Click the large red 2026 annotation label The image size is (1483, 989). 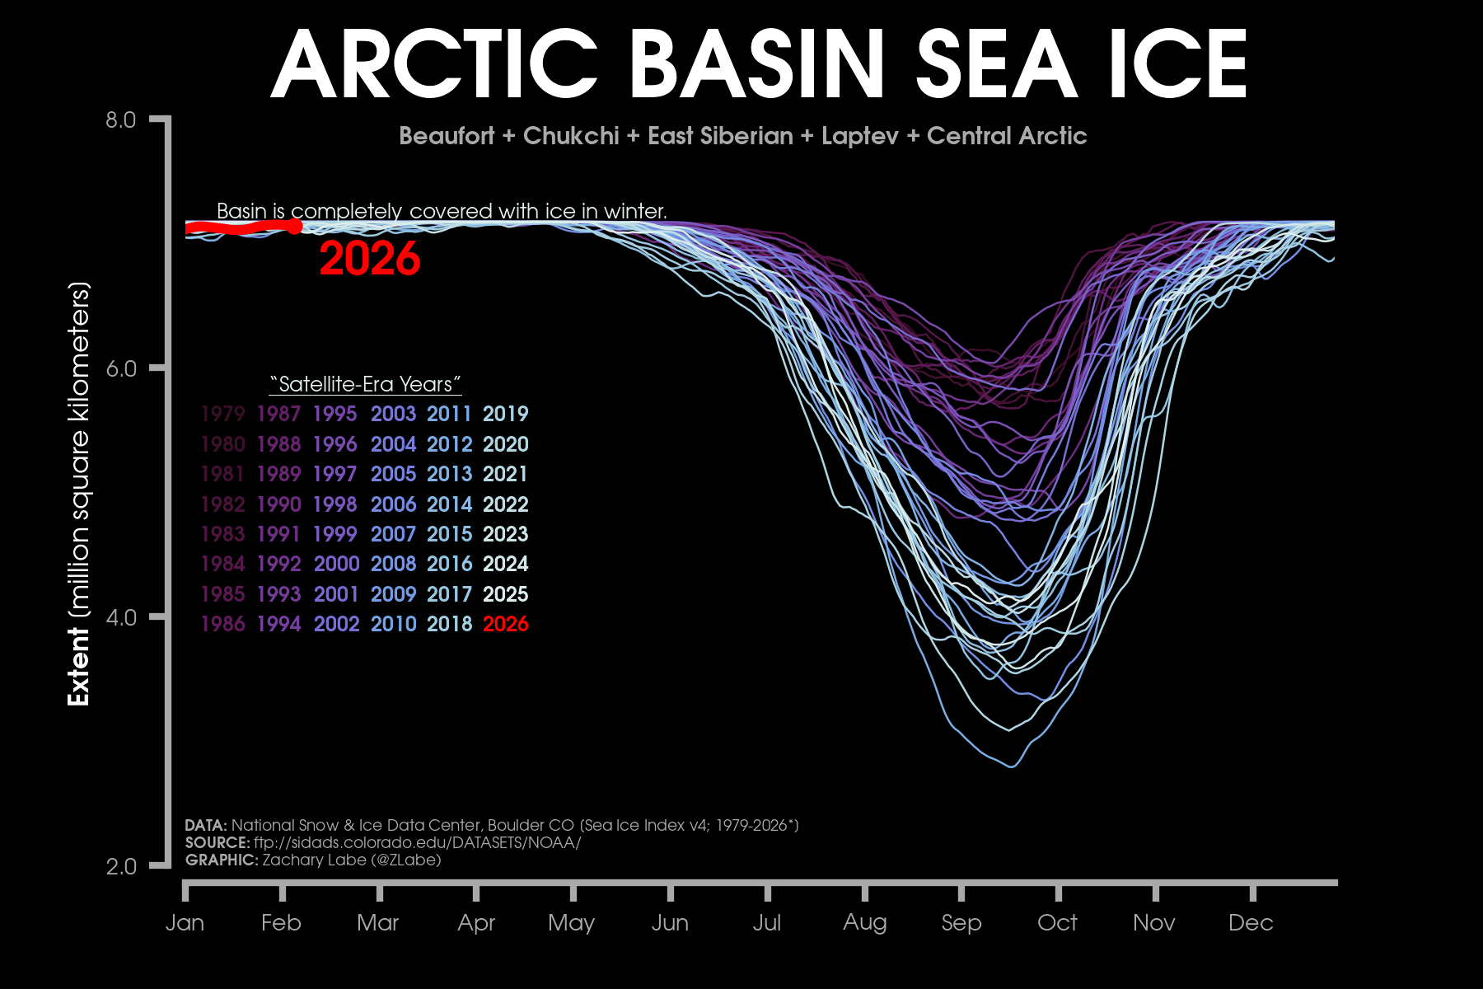pyautogui.click(x=370, y=259)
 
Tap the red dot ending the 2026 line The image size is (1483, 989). pyautogui.click(x=294, y=226)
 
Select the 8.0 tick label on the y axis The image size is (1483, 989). pyautogui.click(x=120, y=120)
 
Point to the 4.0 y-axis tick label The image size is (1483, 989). pyautogui.click(x=120, y=617)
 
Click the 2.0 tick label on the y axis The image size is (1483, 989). pyautogui.click(x=120, y=866)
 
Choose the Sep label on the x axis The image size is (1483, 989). pyautogui.click(x=961, y=923)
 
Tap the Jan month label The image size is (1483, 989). pyautogui.click(x=185, y=923)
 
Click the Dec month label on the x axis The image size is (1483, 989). pyautogui.click(x=1251, y=923)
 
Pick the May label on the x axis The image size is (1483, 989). pyautogui.click(x=571, y=923)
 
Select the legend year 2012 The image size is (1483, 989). pyautogui.click(x=449, y=444)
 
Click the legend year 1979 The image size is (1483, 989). pyautogui.click(x=222, y=414)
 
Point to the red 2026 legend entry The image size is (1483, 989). pyautogui.click(x=505, y=624)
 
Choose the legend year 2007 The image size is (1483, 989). pyautogui.click(x=393, y=534)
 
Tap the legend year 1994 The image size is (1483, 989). pyautogui.click(x=278, y=624)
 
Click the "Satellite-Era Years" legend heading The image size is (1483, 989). pyautogui.click(x=365, y=384)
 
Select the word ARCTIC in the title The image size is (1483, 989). pyautogui.click(x=434, y=64)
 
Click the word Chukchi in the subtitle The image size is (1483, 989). pyautogui.click(x=571, y=136)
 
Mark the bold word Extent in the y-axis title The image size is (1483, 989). pyautogui.click(x=79, y=666)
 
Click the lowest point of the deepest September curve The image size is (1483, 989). pyautogui.click(x=1013, y=766)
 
